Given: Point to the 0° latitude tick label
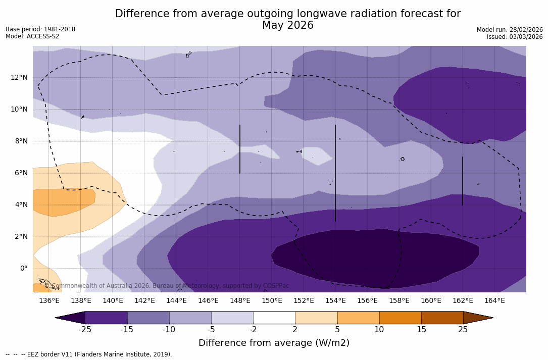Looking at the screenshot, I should pyautogui.click(x=23, y=269).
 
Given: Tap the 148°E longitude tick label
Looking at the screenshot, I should pyautogui.click(x=240, y=301).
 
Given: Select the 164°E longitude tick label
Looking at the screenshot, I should pyautogui.click(x=494, y=301).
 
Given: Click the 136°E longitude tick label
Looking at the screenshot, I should pyautogui.click(x=49, y=301).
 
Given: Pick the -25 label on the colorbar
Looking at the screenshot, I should pyautogui.click(x=85, y=330).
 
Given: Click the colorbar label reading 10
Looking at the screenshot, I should pyautogui.click(x=379, y=330).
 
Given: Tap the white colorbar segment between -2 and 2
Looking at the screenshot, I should pyautogui.click(x=274, y=318).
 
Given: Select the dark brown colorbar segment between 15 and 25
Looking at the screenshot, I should pyautogui.click(x=442, y=318).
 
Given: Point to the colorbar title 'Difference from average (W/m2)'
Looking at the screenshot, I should pyautogui.click(x=274, y=343).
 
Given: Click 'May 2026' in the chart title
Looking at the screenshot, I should pyautogui.click(x=287, y=26).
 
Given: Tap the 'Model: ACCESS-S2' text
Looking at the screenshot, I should pyautogui.click(x=32, y=36).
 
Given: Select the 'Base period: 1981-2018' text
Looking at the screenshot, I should pyautogui.click(x=40, y=29).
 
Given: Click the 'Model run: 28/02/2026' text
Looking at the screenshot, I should pyautogui.click(x=510, y=30).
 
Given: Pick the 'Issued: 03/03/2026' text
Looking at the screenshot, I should pyautogui.click(x=515, y=37).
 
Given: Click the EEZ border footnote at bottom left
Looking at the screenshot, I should pyautogui.click(x=89, y=354).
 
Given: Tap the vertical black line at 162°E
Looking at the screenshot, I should pyautogui.click(x=463, y=181).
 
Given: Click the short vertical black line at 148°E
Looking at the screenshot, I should pyautogui.click(x=240, y=149).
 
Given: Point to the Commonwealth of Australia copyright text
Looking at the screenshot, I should pyautogui.click(x=167, y=286).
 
